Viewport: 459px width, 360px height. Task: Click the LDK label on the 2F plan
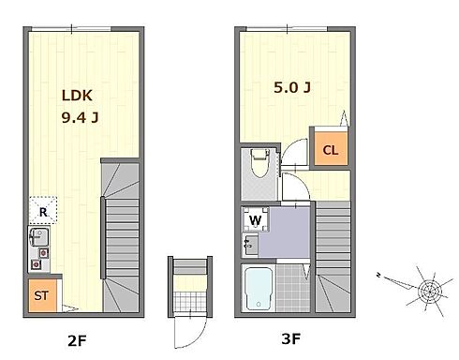77,96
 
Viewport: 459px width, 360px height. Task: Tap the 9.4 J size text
81,118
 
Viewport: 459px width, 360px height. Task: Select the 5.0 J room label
292,87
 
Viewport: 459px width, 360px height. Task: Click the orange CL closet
331,148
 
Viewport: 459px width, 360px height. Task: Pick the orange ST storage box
43,295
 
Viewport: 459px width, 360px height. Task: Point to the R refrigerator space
43,210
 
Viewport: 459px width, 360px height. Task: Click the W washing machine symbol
256,219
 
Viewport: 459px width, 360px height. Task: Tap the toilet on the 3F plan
260,163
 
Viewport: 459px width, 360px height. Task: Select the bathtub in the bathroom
259,289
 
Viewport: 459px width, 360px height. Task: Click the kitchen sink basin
39,237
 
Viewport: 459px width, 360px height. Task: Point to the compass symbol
430,292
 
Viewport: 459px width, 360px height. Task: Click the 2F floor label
77,340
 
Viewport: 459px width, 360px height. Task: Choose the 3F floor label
290,338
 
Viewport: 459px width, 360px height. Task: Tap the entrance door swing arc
199,338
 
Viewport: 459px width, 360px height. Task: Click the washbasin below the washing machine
250,245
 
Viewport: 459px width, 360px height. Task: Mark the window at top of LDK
71,29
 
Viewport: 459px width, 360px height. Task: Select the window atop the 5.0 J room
287,29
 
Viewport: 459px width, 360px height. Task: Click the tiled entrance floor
190,301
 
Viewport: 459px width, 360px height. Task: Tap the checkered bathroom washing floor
292,288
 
